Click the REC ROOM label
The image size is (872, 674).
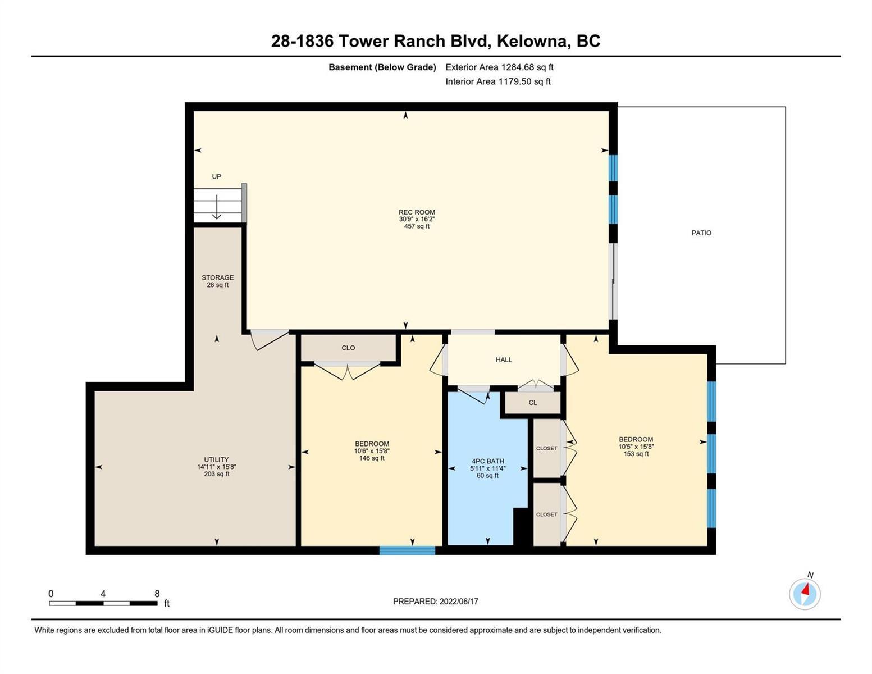point(417,212)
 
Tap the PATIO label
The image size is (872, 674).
point(701,233)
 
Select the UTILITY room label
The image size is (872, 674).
point(216,459)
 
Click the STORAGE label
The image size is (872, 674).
point(217,277)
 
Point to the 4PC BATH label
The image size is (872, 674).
point(487,461)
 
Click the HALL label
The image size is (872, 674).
point(504,359)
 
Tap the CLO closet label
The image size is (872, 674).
point(348,348)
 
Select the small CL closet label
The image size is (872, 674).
point(532,403)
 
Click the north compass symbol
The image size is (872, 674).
point(805,594)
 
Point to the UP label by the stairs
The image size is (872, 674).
point(216,176)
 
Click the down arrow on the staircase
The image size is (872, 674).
point(217,207)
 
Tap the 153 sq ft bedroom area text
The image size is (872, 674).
point(636,454)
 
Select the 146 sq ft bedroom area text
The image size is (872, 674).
point(372,458)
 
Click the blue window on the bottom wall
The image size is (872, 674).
point(407,550)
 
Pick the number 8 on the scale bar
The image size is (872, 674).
point(157,593)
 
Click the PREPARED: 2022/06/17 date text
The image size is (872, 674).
point(435,602)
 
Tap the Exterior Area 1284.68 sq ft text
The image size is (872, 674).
point(499,67)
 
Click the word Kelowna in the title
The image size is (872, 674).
point(533,42)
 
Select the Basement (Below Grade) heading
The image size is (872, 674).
point(382,67)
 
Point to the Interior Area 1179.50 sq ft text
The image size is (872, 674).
point(498,81)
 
